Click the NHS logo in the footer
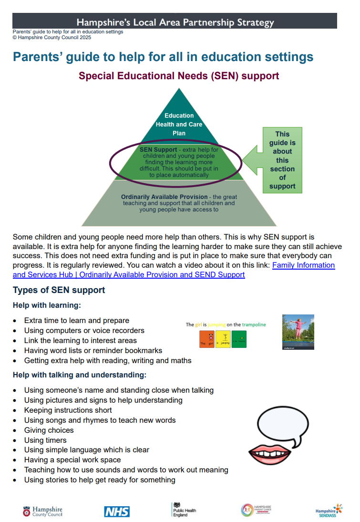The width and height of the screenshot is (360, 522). tap(117, 512)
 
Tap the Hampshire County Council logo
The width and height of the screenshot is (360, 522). tap(42, 512)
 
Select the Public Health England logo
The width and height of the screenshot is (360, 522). tap(184, 510)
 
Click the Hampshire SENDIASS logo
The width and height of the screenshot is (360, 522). tap(329, 511)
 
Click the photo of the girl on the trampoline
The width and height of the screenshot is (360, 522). tap(298, 332)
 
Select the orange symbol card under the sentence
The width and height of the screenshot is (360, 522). tap(206, 339)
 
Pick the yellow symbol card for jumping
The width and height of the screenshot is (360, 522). tap(223, 339)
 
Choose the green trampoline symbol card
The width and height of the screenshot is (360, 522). tap(239, 339)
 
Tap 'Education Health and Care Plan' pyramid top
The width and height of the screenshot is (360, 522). tap(179, 124)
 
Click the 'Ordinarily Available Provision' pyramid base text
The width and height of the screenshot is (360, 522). tap(179, 203)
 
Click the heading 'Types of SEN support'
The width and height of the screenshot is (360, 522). tap(59, 290)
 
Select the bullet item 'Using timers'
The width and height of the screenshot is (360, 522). tap(45, 440)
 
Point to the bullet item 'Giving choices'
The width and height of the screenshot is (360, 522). tap(49, 430)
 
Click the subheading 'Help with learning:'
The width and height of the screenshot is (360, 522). tap(47, 305)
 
